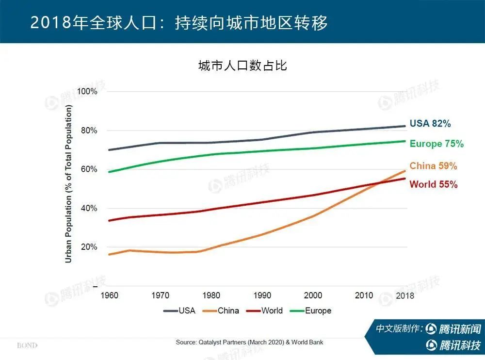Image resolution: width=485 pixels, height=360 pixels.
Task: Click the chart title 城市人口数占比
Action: tap(242, 65)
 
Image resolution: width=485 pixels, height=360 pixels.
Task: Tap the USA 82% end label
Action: tap(430, 124)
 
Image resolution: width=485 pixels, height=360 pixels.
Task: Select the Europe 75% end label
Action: tap(436, 144)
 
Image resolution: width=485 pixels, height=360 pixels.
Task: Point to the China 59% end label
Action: tap(433, 166)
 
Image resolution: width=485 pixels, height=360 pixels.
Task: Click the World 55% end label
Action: tap(433, 184)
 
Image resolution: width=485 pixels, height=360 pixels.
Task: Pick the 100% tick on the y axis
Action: tap(87, 92)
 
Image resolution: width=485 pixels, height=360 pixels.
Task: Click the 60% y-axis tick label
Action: tap(89, 169)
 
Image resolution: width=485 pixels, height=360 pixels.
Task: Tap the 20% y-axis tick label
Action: tap(89, 247)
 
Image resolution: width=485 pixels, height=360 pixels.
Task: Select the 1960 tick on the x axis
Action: tap(109, 295)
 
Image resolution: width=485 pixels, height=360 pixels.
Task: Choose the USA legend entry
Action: tap(179, 311)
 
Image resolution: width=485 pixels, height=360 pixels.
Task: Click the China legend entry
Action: tap(221, 311)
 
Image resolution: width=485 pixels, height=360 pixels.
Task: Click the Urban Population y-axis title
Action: tap(68, 184)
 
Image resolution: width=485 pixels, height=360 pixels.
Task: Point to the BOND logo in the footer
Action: tap(27, 346)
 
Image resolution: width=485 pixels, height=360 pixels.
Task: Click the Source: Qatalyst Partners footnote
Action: tap(249, 343)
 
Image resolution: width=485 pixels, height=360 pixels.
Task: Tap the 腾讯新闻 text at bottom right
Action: tap(459, 329)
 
